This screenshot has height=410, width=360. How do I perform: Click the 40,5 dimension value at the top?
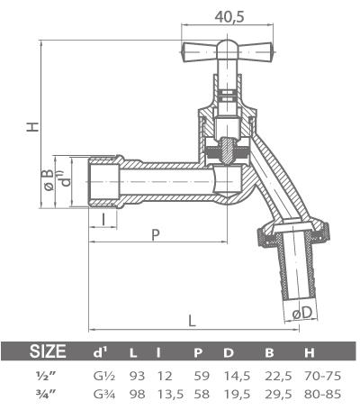[233, 15]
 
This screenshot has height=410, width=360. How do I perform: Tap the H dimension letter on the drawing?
[31, 128]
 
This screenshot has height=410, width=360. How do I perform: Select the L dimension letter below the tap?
[193, 319]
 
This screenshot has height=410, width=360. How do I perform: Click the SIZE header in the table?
[49, 351]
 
